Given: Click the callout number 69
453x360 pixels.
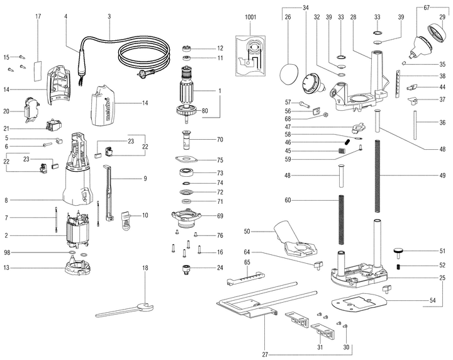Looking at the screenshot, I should (x=220, y=215).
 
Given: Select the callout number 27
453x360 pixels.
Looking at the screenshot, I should (x=265, y=354).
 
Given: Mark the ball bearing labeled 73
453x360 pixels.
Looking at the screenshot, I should (x=186, y=172).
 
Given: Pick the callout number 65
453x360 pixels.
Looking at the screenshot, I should (x=247, y=261).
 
